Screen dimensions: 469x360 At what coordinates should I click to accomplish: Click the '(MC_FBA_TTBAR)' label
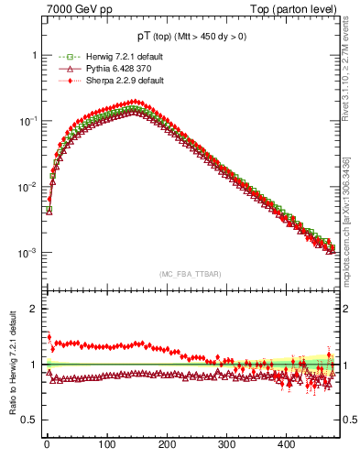[x=188, y=274]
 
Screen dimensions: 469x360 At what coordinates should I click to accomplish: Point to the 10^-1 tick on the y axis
[x=29, y=121]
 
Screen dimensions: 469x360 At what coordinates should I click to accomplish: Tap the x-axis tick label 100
[x=106, y=445]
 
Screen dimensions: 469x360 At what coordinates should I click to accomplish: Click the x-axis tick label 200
[x=166, y=445]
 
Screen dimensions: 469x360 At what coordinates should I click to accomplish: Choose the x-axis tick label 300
[x=226, y=445]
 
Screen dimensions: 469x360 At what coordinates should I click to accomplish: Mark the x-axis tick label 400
[x=286, y=445]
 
